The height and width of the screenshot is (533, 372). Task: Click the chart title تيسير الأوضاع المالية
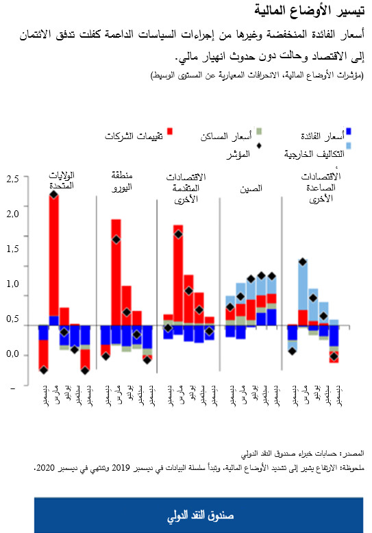pos(314,12)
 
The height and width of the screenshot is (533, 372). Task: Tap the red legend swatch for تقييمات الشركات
pos(169,132)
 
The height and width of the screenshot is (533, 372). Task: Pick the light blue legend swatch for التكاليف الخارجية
pos(349,145)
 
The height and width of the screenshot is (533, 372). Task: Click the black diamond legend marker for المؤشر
pos(260,145)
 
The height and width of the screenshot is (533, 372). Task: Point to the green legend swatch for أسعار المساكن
pos(260,131)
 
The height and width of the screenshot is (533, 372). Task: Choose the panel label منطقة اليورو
pos(121,180)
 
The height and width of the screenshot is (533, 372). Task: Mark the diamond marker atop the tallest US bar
pos(53,195)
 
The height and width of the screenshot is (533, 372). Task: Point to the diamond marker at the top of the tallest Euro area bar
pos(116,239)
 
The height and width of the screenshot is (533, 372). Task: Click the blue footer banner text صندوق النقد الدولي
pos(185,515)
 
